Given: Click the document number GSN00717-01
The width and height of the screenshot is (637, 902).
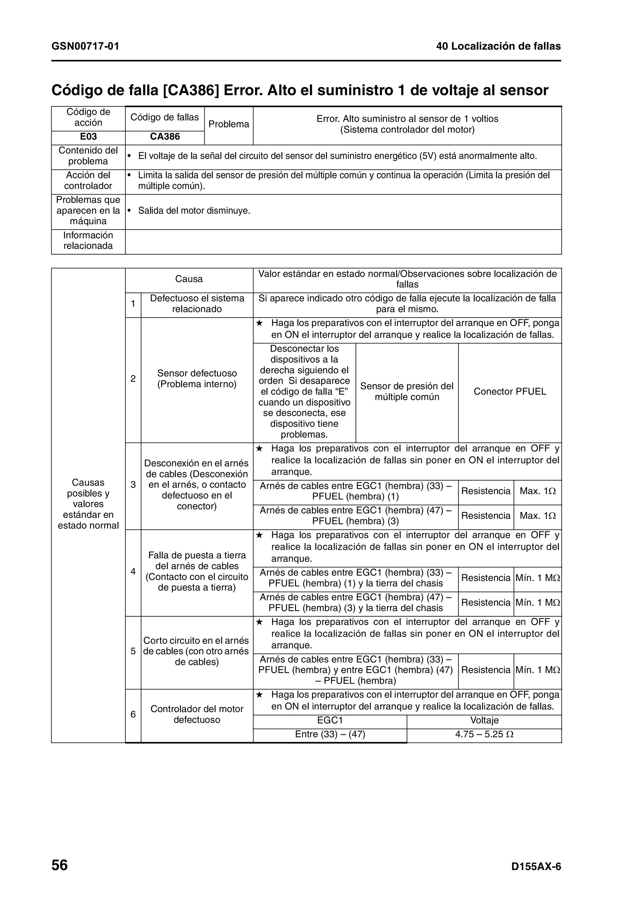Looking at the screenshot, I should coord(85,46).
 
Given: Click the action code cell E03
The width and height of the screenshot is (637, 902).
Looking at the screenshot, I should coord(88,136).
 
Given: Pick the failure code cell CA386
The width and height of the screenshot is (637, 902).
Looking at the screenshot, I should coord(165,136).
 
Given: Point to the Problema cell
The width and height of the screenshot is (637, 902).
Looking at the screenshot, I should coord(229,124).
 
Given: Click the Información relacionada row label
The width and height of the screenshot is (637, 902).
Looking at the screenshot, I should coord(88,240).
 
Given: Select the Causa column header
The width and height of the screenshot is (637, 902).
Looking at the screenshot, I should coord(189,279).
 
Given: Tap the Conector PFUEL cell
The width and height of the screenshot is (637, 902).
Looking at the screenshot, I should coord(510,391).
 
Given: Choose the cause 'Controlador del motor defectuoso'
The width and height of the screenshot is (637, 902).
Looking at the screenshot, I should coord(197,714).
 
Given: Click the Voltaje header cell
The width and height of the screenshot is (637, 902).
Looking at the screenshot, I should coord(484,720).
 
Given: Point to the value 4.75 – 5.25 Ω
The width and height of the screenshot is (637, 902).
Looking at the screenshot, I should coord(484,734).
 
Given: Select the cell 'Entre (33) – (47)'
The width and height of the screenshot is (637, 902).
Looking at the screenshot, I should coord(330,734).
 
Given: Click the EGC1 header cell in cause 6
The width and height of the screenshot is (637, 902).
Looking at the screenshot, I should coord(330,720).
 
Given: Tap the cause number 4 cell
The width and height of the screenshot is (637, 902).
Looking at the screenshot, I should coord(133,571).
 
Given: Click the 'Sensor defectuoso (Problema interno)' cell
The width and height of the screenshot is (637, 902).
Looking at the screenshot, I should coord(197,379).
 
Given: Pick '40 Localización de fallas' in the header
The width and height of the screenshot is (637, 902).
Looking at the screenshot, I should coord(499,46).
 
